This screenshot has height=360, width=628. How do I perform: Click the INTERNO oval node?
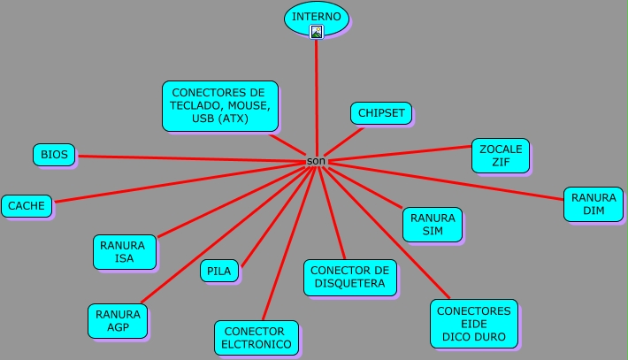pos(316,16)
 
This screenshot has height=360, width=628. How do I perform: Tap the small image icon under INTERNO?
pos(317,32)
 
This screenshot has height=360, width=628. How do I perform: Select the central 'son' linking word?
pos(316,161)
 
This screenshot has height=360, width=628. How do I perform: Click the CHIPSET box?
pos(380,113)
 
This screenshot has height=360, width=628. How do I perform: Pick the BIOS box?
pos(54,155)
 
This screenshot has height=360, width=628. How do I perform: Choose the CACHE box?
pos(27,206)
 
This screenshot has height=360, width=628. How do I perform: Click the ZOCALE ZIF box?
pos(501,155)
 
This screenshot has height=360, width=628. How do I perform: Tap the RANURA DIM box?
pos(594,204)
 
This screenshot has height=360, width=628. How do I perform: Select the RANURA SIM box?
pos(432,225)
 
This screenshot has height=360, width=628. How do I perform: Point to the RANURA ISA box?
pos(125,252)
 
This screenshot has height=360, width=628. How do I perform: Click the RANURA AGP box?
pos(118,321)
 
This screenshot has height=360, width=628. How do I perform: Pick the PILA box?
pos(218,272)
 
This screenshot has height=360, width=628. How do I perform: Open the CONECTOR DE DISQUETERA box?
pos(349,277)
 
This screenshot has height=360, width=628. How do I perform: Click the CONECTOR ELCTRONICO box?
pos(256,337)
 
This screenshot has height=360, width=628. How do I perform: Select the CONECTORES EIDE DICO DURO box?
pos(473,324)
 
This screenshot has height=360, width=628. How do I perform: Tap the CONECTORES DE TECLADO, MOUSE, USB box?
pos(219,105)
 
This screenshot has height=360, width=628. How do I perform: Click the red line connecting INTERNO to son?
pos(316,97)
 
